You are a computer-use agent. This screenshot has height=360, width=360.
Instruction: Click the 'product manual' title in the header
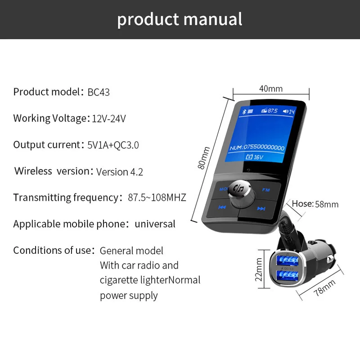click(x=180, y=19)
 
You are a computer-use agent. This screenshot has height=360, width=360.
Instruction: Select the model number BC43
click(x=99, y=92)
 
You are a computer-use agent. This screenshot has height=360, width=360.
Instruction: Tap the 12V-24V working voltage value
click(x=109, y=119)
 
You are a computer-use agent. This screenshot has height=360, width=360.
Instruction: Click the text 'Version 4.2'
click(x=120, y=171)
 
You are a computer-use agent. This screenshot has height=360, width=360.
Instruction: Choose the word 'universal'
click(x=155, y=224)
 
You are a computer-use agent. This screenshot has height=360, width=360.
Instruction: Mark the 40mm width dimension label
click(x=271, y=89)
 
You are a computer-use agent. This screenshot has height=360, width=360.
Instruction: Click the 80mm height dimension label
click(x=205, y=158)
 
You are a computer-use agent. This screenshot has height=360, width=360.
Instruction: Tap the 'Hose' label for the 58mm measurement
click(x=302, y=204)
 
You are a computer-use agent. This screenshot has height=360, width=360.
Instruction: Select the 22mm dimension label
click(x=259, y=269)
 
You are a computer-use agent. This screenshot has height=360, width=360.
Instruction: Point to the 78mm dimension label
click(x=325, y=288)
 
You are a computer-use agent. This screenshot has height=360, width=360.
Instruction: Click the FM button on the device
click(x=266, y=190)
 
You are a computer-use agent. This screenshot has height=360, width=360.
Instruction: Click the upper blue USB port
click(x=284, y=259)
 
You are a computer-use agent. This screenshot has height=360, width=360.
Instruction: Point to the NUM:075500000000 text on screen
click(x=256, y=147)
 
